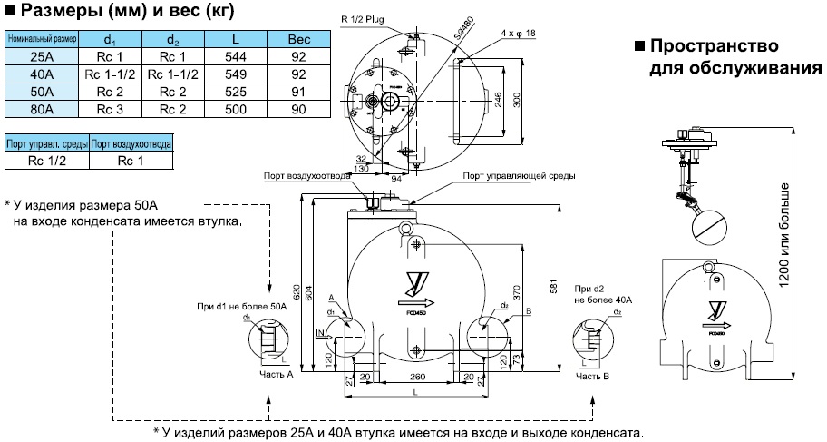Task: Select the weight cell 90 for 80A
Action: [299, 109]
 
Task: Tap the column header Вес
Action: [299, 40]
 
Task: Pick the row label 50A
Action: [41, 92]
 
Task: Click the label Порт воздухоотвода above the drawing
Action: [304, 176]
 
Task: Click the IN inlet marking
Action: [320, 334]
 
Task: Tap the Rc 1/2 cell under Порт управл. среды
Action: [46, 161]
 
